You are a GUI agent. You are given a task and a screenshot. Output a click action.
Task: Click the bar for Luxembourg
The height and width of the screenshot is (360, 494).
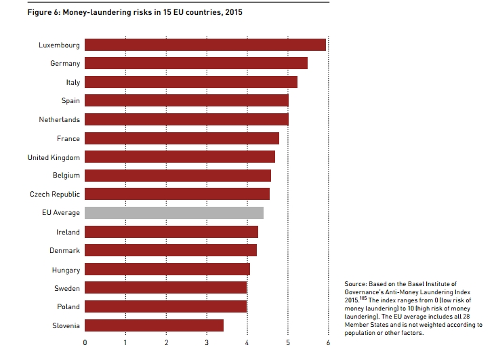205,45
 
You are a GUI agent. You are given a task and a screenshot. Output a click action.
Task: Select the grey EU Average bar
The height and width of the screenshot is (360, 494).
174,213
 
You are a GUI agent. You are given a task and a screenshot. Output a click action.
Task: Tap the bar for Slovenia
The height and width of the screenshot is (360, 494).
154,325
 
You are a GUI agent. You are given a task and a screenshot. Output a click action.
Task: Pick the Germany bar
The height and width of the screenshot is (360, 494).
196,63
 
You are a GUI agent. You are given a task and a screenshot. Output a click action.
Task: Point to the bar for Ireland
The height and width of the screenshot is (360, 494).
171,232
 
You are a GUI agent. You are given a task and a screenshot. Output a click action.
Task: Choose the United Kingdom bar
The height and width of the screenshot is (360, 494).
180,157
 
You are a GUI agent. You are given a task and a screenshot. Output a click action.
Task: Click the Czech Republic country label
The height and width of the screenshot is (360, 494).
55,194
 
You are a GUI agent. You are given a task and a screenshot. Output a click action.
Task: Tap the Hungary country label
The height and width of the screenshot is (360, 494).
66,270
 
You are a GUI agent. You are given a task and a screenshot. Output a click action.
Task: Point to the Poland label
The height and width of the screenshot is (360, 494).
68,307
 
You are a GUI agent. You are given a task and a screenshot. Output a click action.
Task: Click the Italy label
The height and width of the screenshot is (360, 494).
73,82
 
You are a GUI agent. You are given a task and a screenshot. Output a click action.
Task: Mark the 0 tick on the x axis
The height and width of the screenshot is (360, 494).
85,343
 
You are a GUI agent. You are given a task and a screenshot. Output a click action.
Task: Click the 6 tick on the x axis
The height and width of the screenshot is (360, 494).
329,343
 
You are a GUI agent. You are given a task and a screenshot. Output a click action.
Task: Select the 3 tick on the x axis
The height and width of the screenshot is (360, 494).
207,343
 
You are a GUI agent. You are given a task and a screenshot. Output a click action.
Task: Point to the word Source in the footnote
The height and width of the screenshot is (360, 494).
356,283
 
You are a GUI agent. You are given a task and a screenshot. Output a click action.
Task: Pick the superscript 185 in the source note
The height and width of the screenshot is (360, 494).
365,297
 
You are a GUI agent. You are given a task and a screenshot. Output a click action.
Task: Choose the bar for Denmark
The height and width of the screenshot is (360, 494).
171,250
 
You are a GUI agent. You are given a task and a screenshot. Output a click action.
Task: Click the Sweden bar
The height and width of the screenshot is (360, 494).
166,288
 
